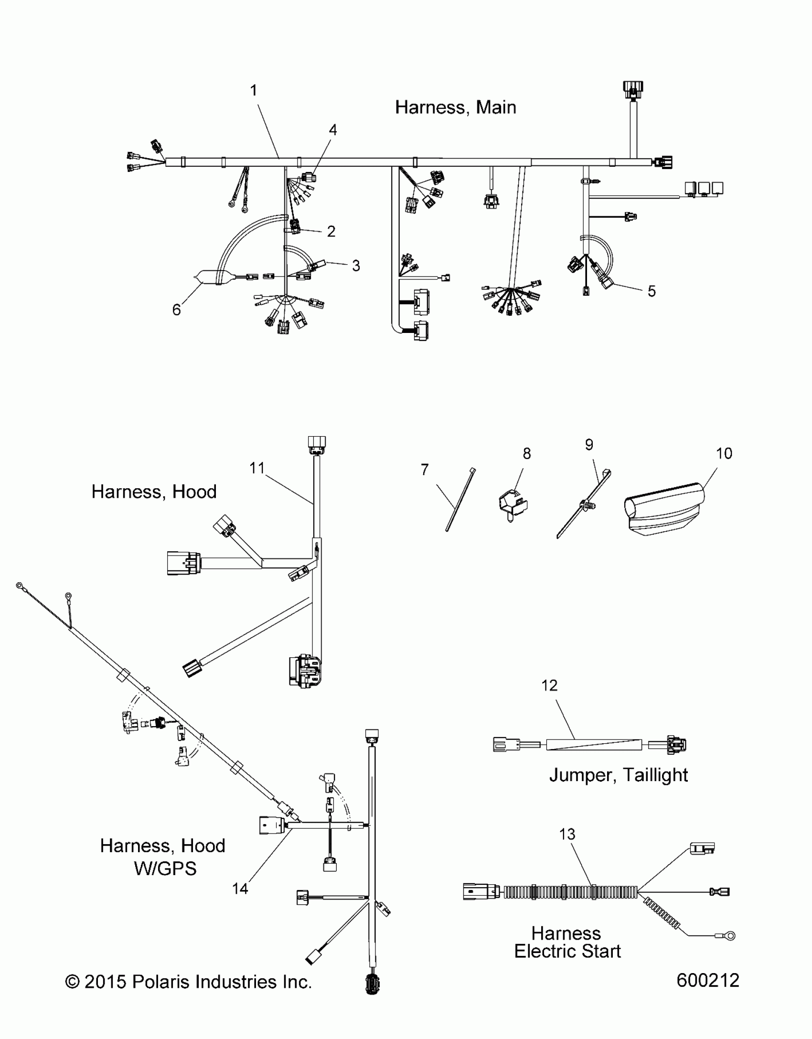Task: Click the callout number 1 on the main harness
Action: [x=254, y=90]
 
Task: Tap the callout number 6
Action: [x=177, y=310]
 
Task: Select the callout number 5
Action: [x=652, y=291]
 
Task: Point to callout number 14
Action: [x=240, y=889]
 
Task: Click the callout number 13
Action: [x=567, y=834]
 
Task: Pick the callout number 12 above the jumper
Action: [x=549, y=686]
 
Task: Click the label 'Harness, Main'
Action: [x=455, y=107]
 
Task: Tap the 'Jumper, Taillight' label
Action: [x=618, y=774]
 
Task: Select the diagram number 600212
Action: [x=707, y=980]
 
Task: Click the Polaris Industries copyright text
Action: [x=188, y=982]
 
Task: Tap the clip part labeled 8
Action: [x=513, y=504]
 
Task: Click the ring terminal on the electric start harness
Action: [x=729, y=935]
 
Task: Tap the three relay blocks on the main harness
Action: [x=704, y=188]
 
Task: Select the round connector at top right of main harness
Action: [x=633, y=89]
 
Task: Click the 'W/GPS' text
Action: [x=165, y=868]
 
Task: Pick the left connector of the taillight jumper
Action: [x=505, y=744]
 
